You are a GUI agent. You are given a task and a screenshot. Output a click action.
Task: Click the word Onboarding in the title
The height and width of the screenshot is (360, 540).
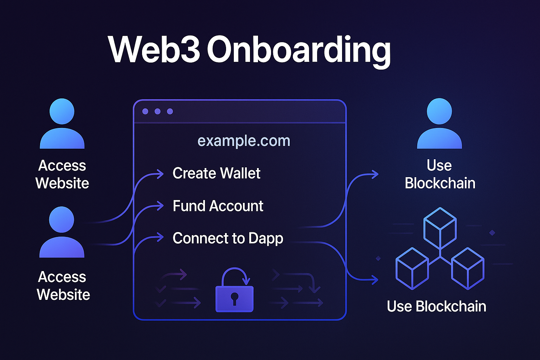pos(299,50)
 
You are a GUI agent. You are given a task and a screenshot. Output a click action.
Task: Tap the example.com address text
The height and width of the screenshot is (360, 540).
pos(244,141)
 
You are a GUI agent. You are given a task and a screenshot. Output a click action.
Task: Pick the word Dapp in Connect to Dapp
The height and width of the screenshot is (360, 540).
pos(266,239)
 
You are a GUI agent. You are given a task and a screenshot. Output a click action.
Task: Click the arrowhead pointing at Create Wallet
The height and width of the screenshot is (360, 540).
pos(160,174)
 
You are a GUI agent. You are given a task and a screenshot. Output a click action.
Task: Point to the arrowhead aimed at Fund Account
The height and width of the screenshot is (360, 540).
pos(160,206)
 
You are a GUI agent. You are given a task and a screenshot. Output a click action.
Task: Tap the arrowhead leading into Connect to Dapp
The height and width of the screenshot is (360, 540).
pos(160,237)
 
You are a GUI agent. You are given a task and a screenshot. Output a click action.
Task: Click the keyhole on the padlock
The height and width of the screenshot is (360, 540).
pos(234,298)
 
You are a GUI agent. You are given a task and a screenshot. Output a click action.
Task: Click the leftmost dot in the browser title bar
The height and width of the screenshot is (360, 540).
pos(145,111)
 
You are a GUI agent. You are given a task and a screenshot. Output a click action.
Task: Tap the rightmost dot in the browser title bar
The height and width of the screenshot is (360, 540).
pos(170,111)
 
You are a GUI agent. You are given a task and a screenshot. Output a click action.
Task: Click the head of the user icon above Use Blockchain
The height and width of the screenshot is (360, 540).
pos(439,111)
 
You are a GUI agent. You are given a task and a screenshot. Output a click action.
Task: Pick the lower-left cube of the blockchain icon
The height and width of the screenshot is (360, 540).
pos(412,269)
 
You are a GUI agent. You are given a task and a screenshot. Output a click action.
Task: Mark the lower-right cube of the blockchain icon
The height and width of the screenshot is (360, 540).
pos(468,269)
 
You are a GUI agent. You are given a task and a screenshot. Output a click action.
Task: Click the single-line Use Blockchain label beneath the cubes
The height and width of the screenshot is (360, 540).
pos(436,307)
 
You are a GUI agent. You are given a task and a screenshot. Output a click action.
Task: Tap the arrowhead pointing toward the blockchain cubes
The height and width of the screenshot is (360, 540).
pos(375,280)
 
